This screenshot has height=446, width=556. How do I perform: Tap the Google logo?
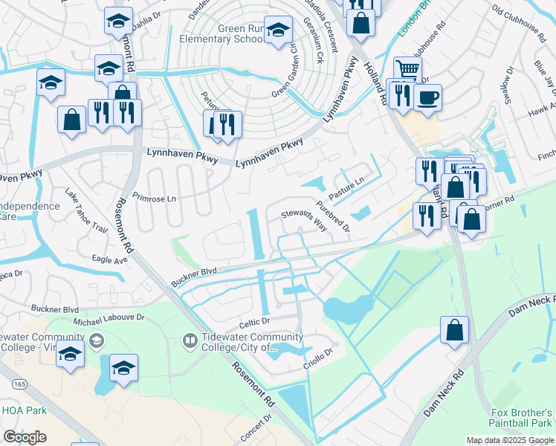25,437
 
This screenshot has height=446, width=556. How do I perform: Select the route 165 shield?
20,384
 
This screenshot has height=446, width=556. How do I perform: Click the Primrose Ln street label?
154,199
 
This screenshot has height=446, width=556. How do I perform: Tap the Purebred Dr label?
332,215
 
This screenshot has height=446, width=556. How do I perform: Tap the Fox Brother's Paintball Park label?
523,418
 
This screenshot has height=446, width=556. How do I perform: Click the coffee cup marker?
427,97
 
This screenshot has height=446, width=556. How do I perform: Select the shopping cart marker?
407,69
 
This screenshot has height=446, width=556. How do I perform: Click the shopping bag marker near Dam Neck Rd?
454,329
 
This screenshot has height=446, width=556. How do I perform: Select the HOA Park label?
25,410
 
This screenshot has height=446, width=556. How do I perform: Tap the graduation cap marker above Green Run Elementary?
279,31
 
